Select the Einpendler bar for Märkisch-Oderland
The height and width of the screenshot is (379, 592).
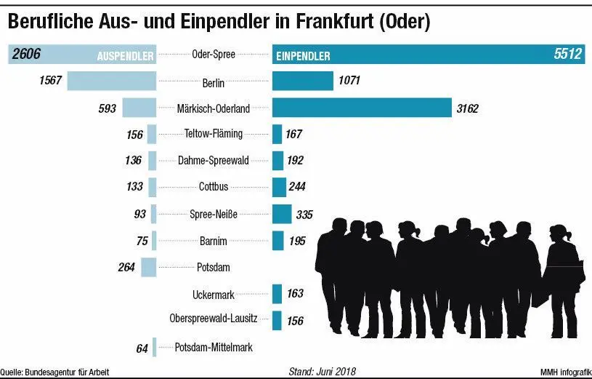point(362,108)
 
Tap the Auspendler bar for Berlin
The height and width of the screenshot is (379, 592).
point(112,81)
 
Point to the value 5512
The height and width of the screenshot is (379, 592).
point(567,55)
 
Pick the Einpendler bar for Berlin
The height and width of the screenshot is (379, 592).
point(302,81)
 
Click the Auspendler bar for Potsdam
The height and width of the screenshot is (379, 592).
point(149,267)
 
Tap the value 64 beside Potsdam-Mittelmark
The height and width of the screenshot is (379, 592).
point(142,348)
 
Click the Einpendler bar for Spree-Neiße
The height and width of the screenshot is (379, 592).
point(282,214)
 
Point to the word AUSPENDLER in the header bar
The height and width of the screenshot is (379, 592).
point(125,55)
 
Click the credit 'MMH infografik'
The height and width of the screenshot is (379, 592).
point(564,372)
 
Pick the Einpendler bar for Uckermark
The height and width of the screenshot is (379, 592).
point(277,294)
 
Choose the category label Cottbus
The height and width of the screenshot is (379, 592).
point(214,187)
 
